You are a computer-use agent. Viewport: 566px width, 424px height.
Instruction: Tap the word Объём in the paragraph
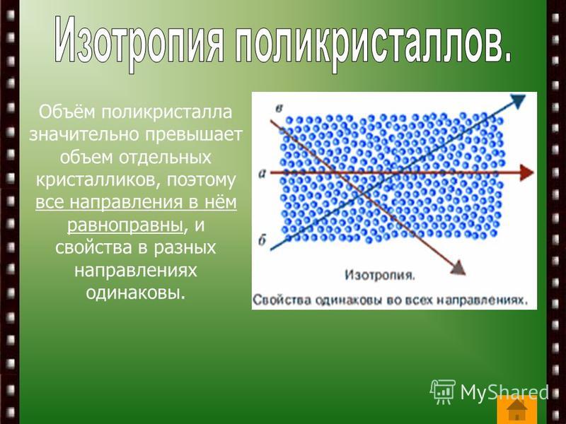click(x=67, y=112)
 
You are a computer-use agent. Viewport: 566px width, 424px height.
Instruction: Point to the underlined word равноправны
click(x=125, y=225)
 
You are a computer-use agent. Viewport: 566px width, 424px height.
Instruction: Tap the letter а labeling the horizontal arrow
click(x=262, y=174)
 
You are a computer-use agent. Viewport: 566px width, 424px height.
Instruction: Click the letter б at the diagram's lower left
click(x=262, y=240)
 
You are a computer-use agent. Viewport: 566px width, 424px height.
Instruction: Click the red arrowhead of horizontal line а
click(x=526, y=172)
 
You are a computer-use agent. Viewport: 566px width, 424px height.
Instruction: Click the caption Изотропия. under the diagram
click(x=380, y=275)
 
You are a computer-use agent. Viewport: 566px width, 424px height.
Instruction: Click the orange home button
click(x=517, y=410)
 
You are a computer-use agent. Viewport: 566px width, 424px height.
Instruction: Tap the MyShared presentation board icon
click(x=443, y=391)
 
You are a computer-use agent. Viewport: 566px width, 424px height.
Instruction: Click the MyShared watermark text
click(x=504, y=391)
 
